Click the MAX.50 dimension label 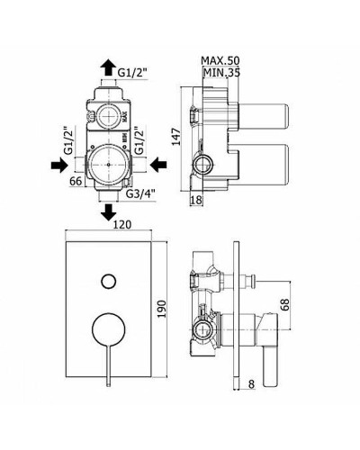[x=220, y=60]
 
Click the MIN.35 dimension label [x=221, y=72]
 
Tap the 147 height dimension [x=177, y=137]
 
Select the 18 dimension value [x=196, y=200]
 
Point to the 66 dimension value [x=76, y=181]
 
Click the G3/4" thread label [x=140, y=194]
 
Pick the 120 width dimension [x=122, y=224]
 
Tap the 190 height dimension [x=161, y=309]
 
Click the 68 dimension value [x=285, y=305]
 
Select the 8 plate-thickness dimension [x=251, y=384]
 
